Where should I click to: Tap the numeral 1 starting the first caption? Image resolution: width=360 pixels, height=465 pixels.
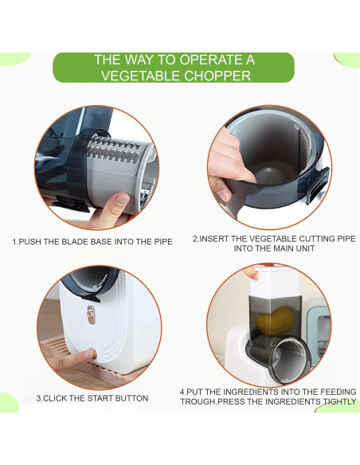coord(14,240)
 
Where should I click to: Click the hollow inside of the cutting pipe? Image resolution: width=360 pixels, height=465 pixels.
coord(260,171)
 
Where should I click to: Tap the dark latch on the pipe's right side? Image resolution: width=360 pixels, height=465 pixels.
coord(315,188)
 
